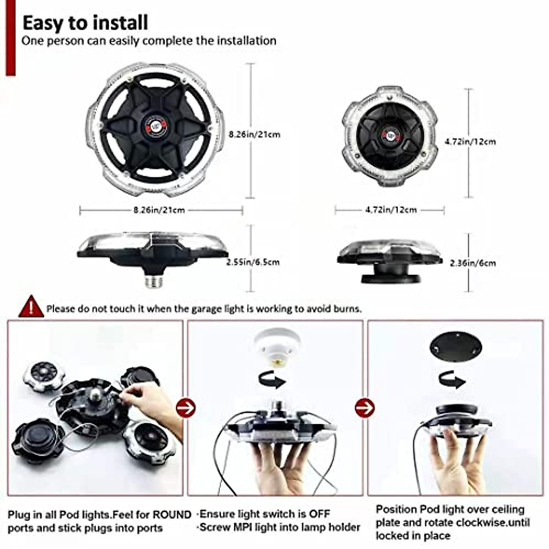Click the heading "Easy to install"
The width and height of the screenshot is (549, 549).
[85, 22]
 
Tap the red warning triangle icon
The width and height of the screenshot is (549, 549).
[31, 307]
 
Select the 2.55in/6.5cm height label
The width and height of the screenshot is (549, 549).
[253, 262]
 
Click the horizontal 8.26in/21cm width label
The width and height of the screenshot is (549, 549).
[159, 210]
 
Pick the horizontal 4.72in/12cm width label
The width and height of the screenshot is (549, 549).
[391, 210]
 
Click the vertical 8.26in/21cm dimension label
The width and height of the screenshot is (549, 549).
[254, 135]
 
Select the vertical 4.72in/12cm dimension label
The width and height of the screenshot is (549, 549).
[470, 141]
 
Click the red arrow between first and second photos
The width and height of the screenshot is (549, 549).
[185, 407]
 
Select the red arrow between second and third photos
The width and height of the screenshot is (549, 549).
[365, 407]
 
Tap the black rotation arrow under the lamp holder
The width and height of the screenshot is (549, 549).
[272, 380]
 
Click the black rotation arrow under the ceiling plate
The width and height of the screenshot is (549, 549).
[452, 380]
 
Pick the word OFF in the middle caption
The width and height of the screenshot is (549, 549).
[319, 514]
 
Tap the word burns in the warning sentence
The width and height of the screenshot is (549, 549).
[347, 309]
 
